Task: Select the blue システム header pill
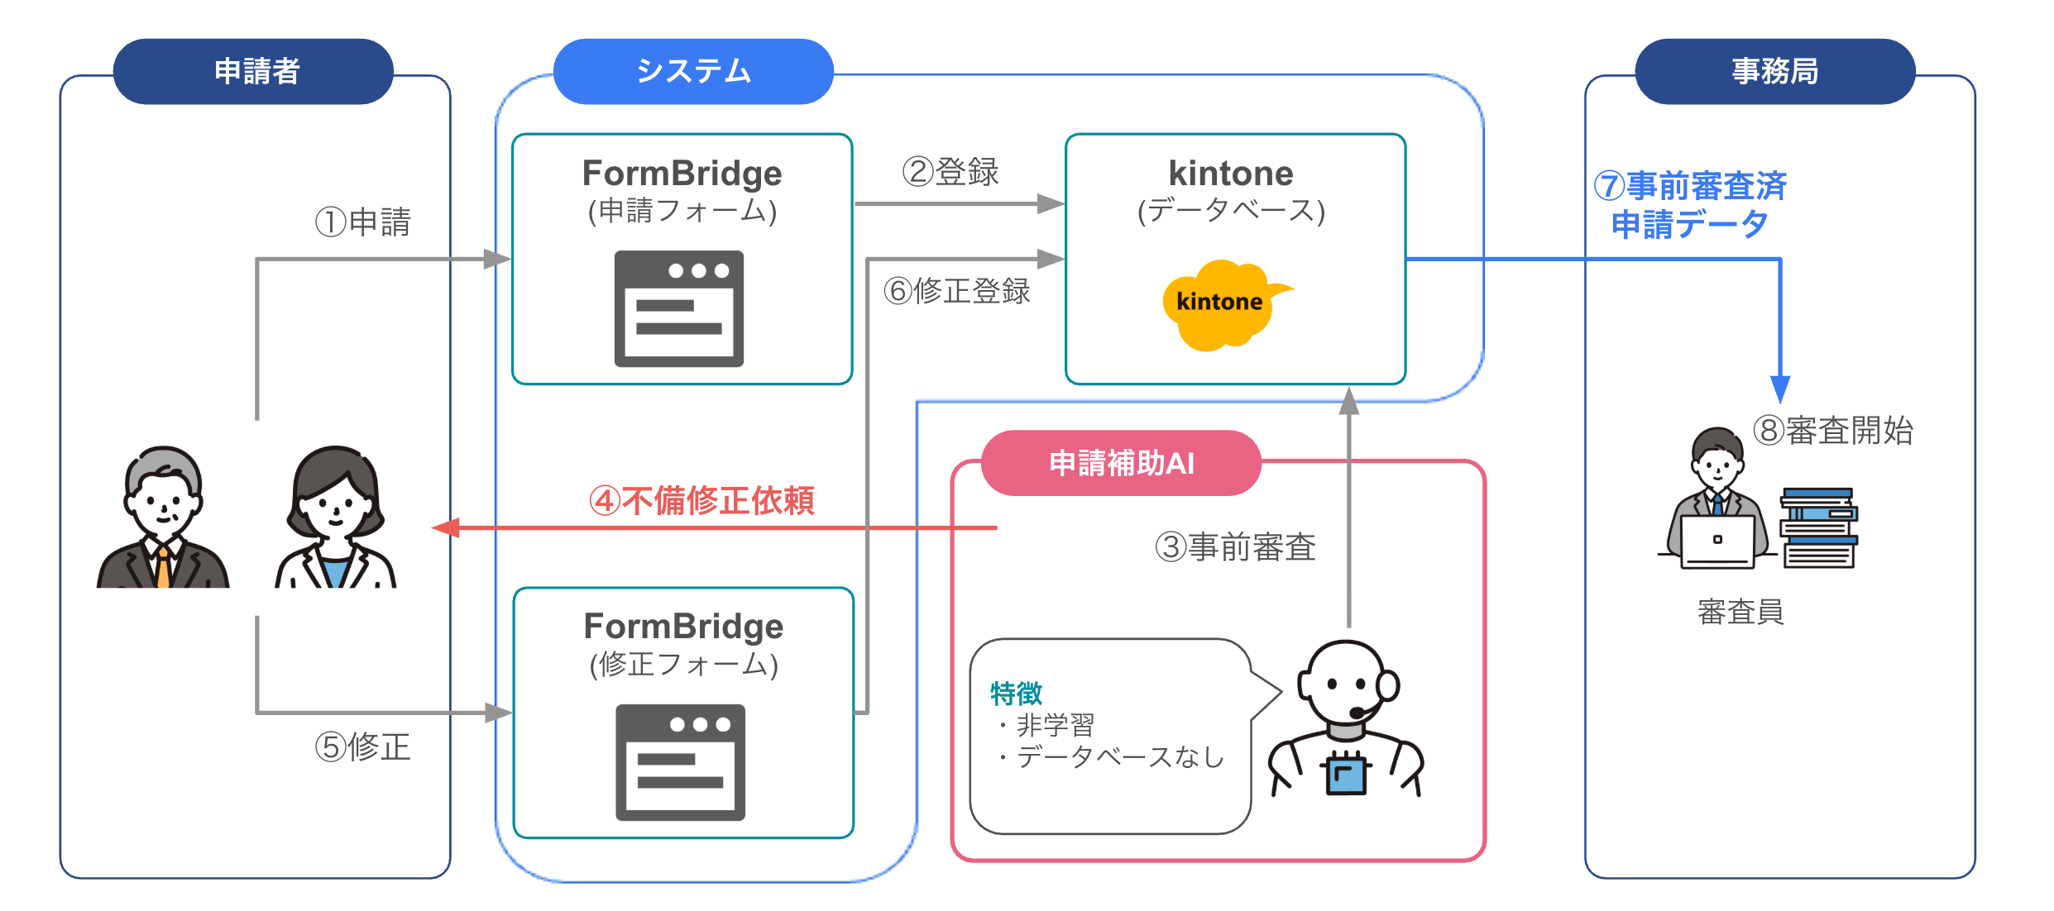pyautogui.click(x=693, y=71)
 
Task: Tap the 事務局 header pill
pyautogui.click(x=1775, y=71)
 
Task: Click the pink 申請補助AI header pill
pyautogui.click(x=1121, y=463)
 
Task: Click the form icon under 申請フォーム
pyautogui.click(x=679, y=308)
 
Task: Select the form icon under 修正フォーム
pyautogui.click(x=681, y=762)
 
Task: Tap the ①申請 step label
pyautogui.click(x=363, y=222)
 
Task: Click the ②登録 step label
pyautogui.click(x=950, y=172)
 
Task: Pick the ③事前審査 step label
pyautogui.click(x=1235, y=547)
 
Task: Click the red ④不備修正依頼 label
pyautogui.click(x=701, y=500)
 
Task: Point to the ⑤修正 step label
pyautogui.click(x=363, y=746)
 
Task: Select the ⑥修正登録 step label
pyautogui.click(x=957, y=290)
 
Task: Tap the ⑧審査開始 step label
pyautogui.click(x=1833, y=430)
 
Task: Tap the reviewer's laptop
pyautogui.click(x=1718, y=542)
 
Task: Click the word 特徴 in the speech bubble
pyautogui.click(x=1016, y=693)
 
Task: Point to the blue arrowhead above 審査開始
pyautogui.click(x=1780, y=389)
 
